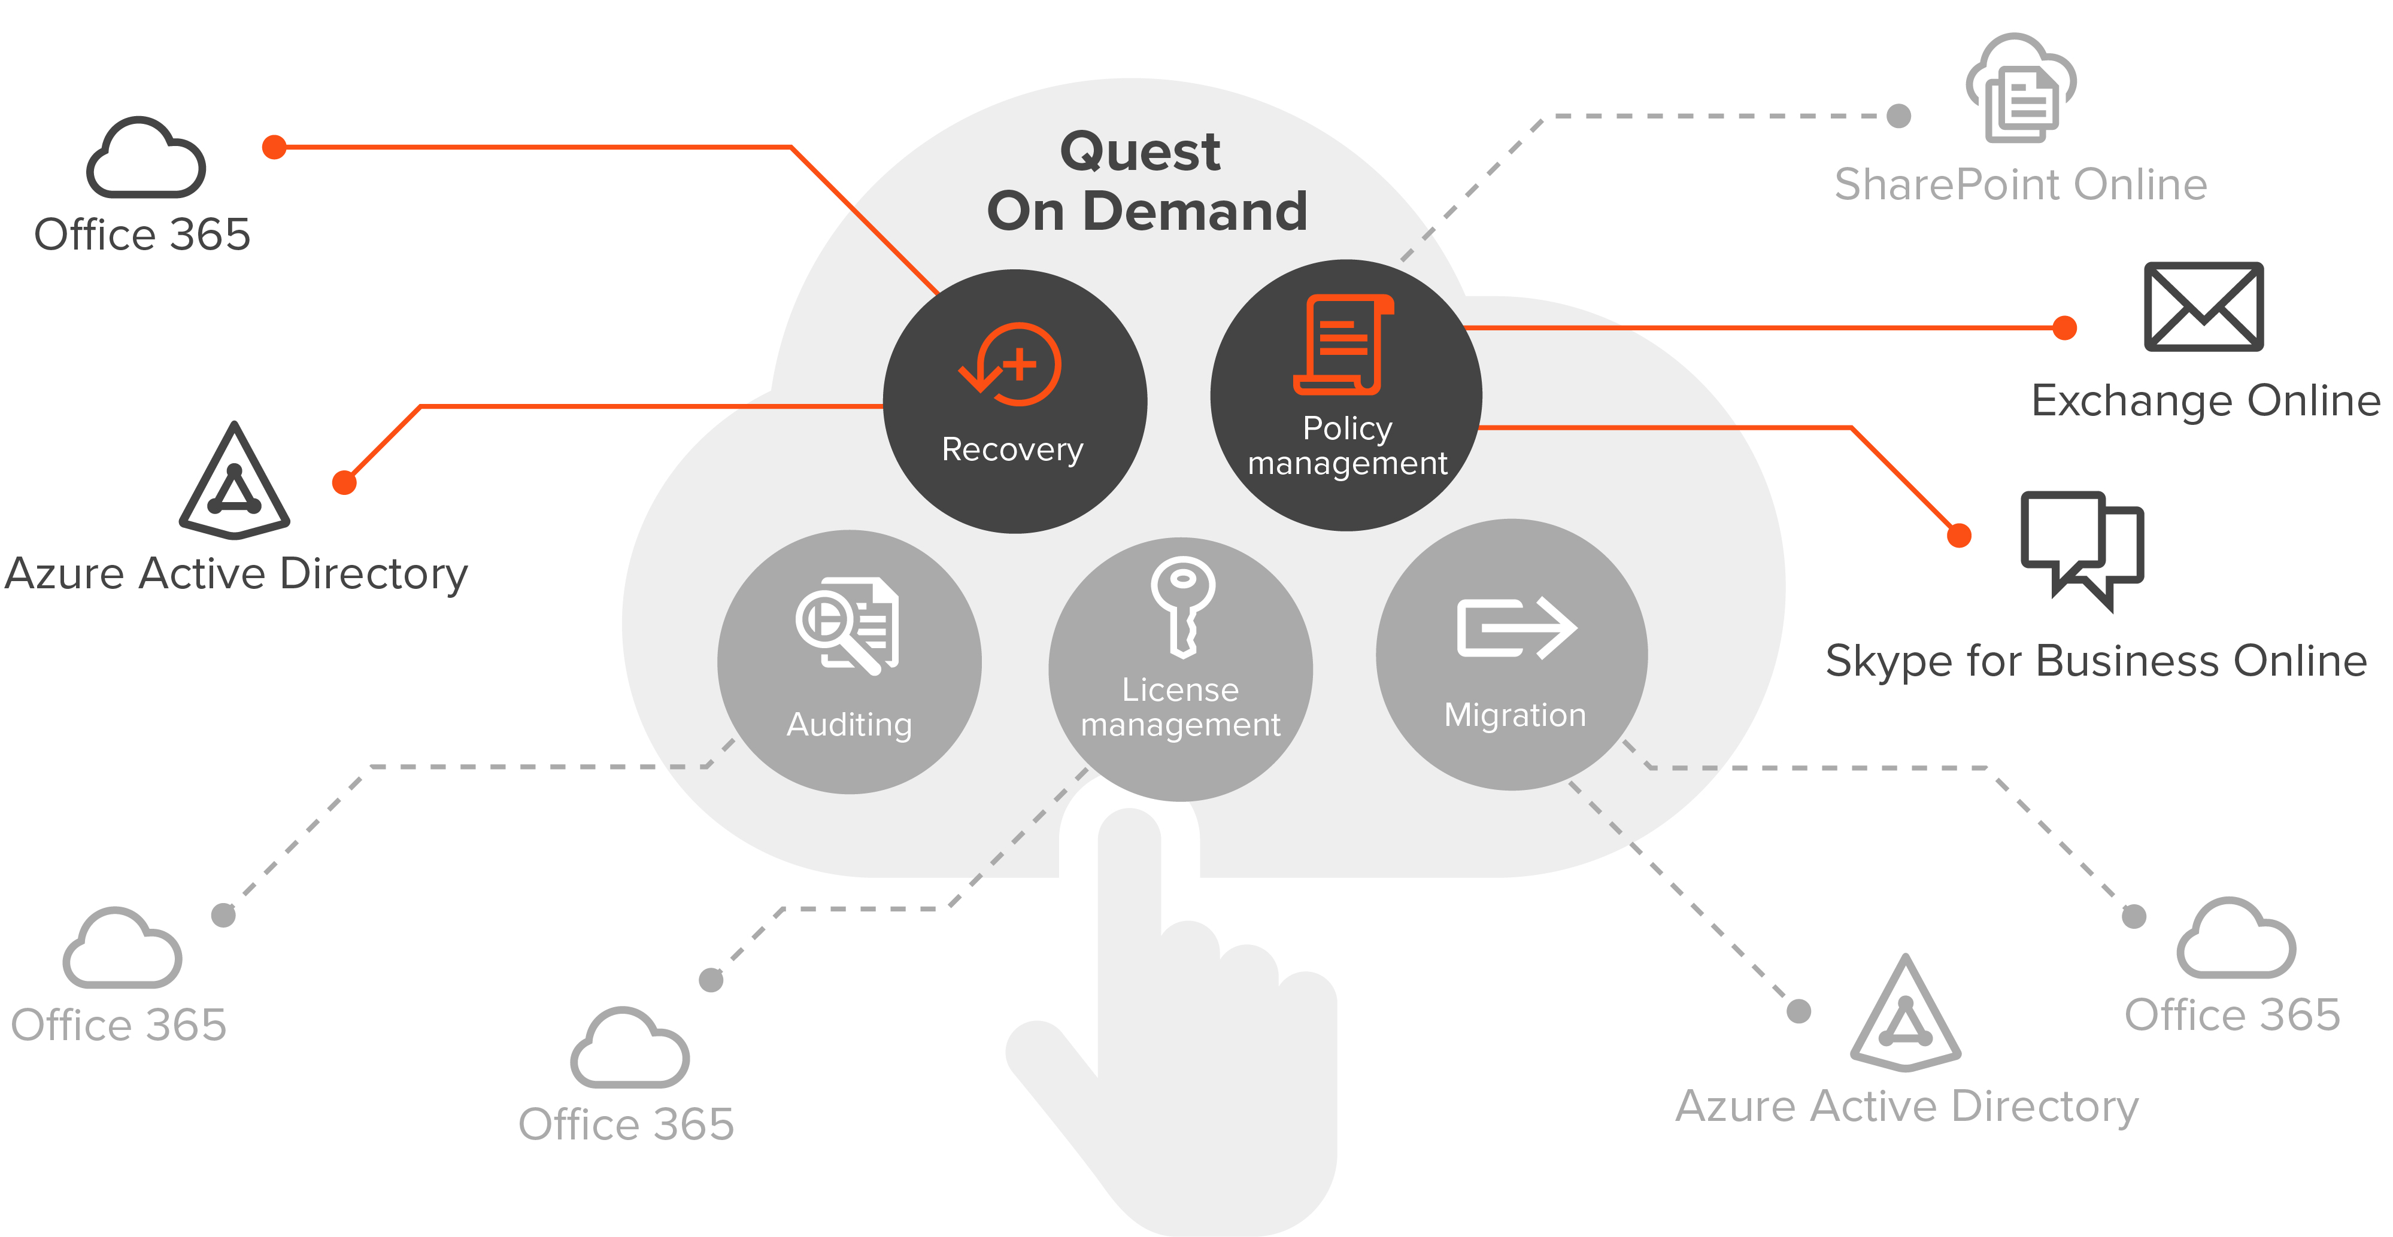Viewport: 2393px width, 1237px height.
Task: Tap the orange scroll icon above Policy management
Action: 1342,345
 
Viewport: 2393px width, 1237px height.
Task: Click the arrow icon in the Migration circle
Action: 1515,628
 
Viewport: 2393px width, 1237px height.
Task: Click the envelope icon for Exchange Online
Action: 2203,306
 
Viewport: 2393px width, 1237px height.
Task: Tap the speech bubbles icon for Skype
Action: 2081,549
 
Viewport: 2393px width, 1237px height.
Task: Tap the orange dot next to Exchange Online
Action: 2064,328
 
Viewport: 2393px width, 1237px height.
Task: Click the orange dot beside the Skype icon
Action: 1958,535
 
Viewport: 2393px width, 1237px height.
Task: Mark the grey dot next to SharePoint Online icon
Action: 1899,116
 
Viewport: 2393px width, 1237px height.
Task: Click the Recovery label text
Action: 1012,449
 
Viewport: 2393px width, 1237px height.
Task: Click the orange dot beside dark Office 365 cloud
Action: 274,147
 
